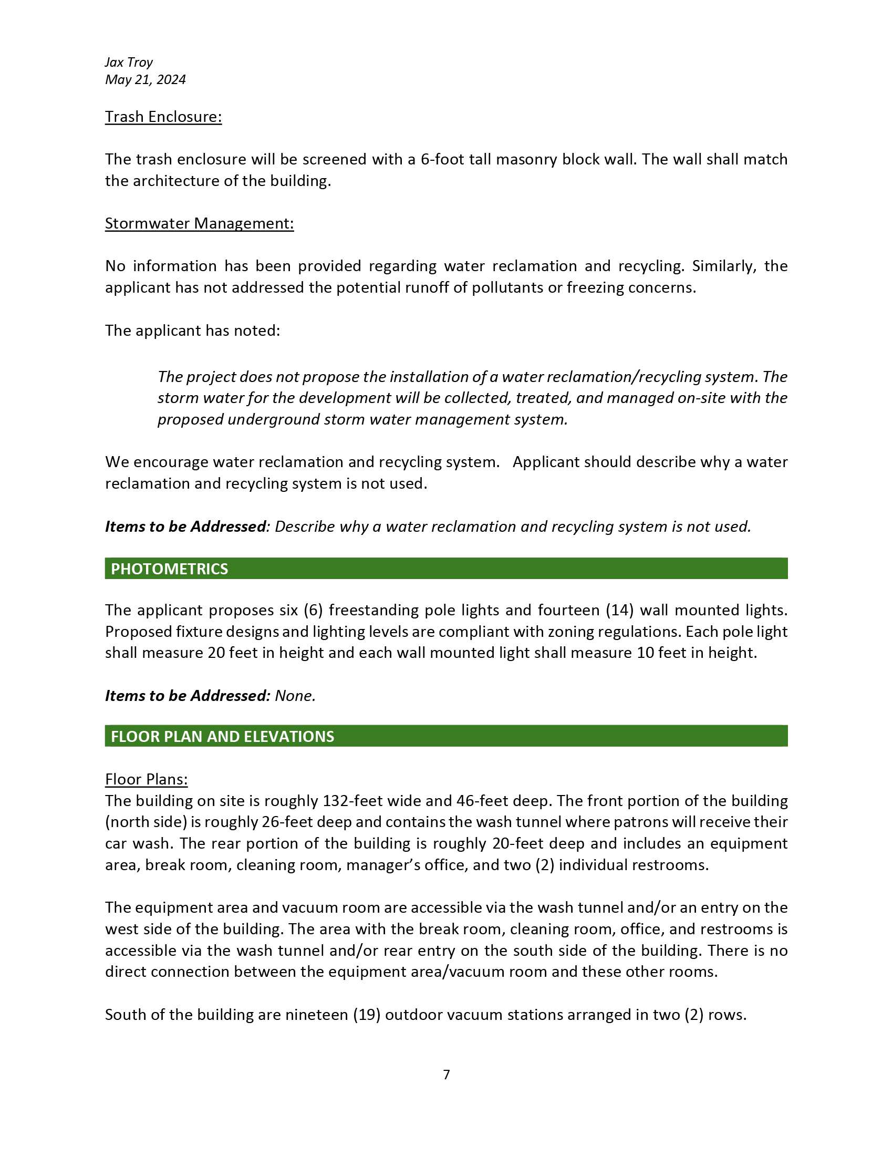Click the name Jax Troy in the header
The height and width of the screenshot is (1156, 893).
tap(129, 63)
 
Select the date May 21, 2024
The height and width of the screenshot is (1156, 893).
tap(145, 80)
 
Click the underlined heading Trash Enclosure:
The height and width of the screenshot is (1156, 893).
tap(163, 117)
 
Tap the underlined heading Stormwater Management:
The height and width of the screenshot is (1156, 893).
tap(199, 223)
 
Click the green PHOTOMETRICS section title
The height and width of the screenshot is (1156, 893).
tap(169, 569)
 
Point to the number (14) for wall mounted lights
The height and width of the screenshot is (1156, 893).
tap(619, 610)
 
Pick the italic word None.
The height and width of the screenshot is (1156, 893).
tap(295, 696)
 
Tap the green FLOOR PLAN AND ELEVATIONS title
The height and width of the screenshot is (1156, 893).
tap(222, 737)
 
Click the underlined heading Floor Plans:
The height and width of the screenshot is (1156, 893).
tap(146, 780)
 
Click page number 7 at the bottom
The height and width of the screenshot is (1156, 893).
tap(446, 1075)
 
